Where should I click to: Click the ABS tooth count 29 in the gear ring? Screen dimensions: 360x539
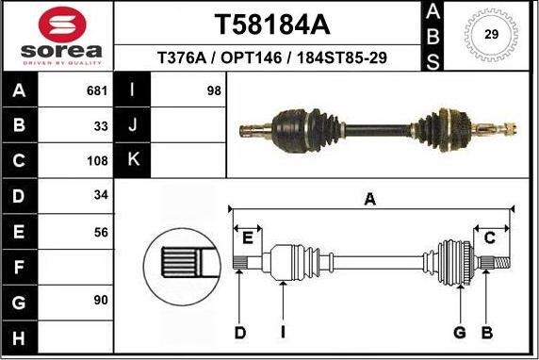tap(491, 35)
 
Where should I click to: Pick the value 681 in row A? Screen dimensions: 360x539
tap(98, 91)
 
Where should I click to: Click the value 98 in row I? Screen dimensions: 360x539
tap(214, 91)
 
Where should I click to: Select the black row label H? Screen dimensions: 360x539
tap(20, 336)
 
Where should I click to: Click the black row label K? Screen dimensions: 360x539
tap(132, 159)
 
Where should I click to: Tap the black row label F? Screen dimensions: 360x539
tap(20, 266)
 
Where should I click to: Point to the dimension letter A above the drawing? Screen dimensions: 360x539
tap(369, 199)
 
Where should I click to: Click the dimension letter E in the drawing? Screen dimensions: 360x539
tap(249, 237)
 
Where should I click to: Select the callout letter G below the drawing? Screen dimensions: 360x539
tap(460, 332)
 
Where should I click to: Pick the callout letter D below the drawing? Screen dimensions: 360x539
tap(239, 332)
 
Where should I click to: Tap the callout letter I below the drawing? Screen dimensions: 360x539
tap(283, 332)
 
